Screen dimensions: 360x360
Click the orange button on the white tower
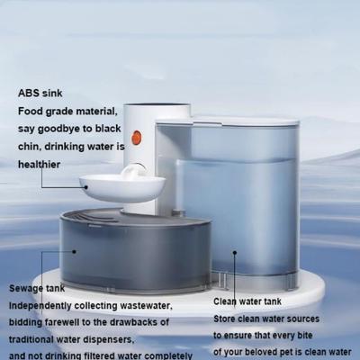pos(137,138)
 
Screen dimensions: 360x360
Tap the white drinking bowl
pos(121,188)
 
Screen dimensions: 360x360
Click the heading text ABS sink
pos(40,93)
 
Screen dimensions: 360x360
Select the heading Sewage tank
pos(37,288)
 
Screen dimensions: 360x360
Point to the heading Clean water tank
pos(247,301)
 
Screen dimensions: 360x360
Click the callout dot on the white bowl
pos(86,187)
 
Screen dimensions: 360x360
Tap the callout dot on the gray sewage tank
pos(74,252)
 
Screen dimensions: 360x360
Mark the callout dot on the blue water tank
pos(235,253)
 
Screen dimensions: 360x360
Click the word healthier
pos(39,165)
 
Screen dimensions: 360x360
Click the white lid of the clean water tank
pos(227,121)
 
